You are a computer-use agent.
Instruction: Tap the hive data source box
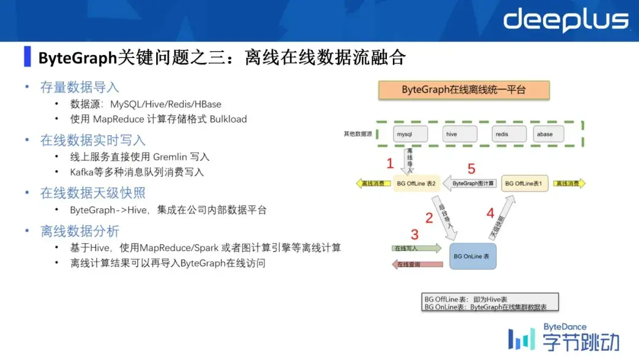457,134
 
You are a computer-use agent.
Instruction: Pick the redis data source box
507,134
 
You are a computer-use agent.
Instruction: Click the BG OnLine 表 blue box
472,256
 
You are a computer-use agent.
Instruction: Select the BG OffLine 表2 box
416,184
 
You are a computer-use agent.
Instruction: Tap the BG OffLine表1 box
524,184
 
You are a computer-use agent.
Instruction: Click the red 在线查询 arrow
417,264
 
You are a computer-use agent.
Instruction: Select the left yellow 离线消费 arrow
373,184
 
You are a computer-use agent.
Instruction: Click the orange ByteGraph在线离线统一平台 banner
464,90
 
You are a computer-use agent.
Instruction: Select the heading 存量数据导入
79,87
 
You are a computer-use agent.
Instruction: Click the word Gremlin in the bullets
170,157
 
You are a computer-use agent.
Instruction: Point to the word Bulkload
228,119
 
